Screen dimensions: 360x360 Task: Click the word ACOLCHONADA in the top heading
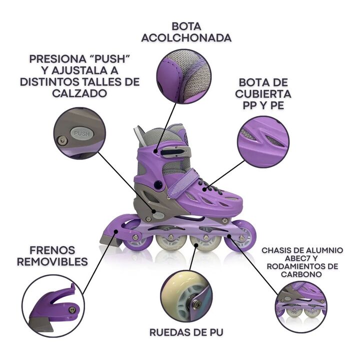[x=186, y=38]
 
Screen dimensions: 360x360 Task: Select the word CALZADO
[x=79, y=93]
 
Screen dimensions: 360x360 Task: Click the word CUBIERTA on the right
[x=263, y=94]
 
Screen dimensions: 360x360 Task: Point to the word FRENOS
[x=52, y=250]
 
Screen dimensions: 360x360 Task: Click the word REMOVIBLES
[x=52, y=261]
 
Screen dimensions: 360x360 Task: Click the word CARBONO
[x=301, y=274]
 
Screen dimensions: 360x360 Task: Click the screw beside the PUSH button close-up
[x=62, y=140]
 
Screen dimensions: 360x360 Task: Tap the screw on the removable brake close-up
[x=72, y=310]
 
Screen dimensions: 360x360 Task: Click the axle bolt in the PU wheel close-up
[x=196, y=304]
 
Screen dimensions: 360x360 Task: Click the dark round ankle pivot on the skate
[x=158, y=184]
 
